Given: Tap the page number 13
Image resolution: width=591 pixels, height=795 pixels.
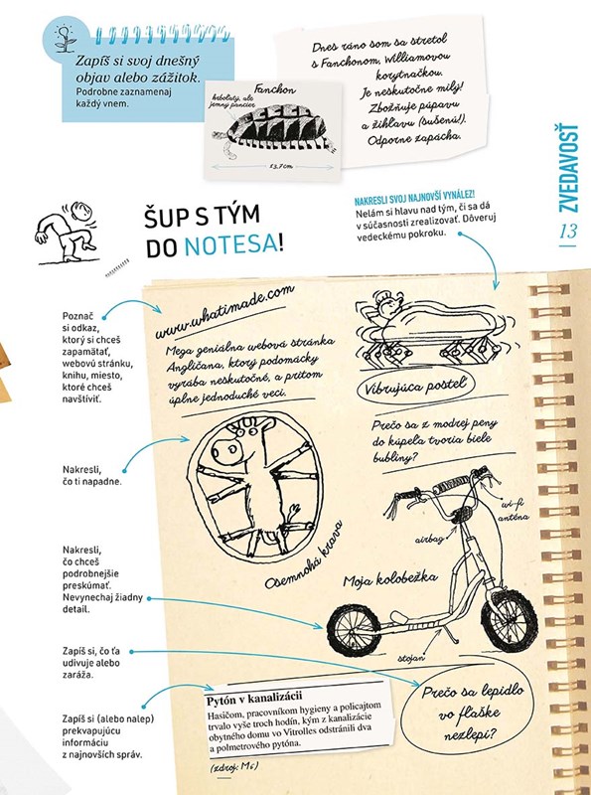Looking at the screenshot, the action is coord(568,232).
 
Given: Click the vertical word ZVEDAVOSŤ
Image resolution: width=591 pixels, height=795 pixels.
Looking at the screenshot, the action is coord(568,168).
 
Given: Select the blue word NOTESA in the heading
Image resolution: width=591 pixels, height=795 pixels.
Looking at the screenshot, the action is coord(230,245).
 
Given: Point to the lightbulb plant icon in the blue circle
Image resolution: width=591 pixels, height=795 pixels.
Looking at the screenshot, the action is coord(64,40).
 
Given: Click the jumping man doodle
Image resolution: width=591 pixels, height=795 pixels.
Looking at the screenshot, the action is coord(66,233).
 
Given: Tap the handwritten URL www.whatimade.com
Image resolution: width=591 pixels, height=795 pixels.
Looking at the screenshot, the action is coord(224,312).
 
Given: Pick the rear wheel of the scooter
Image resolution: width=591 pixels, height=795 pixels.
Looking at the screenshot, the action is coord(354,630).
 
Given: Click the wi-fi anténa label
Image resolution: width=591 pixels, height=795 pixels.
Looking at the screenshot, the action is coord(513,511).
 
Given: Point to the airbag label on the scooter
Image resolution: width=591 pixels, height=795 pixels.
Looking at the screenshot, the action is coord(429,540).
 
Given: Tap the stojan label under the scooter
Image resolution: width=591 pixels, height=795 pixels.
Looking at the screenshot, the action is coord(411,659).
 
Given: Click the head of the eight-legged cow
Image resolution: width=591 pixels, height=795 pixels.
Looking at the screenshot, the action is coord(239,437).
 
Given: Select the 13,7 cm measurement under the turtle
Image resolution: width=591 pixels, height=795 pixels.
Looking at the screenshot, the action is coord(281,166).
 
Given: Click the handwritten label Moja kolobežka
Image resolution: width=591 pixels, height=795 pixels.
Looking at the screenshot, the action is coord(389,579).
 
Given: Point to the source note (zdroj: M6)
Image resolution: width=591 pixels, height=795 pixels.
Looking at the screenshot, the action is coord(234,765).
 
